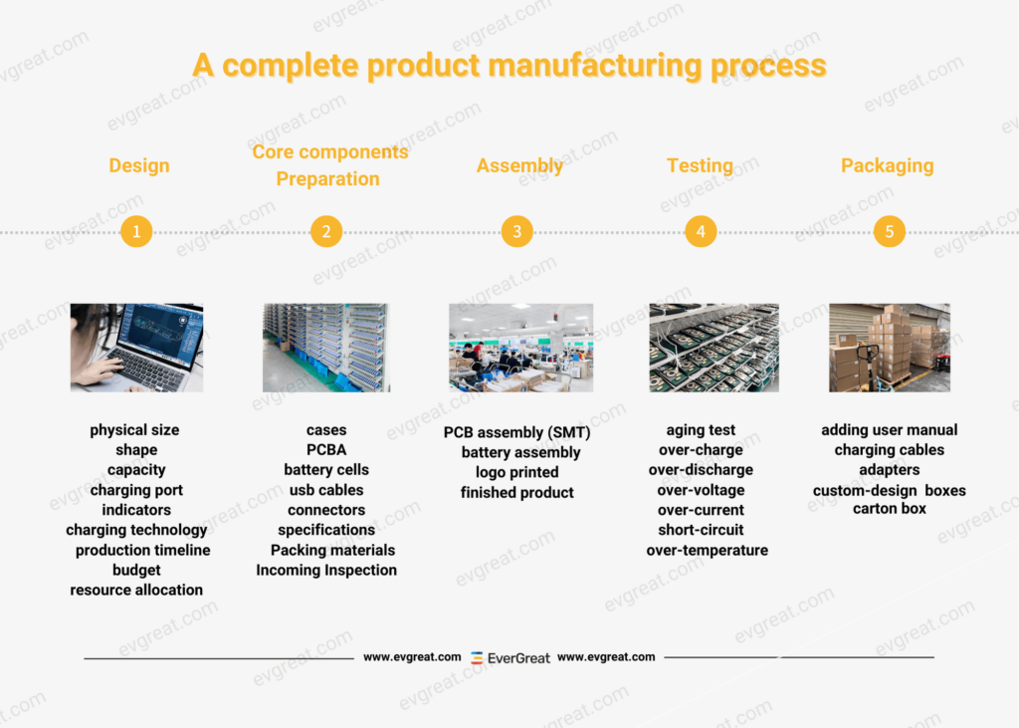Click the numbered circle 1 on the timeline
coord(136,231)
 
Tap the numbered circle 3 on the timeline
coord(516,231)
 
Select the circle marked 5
coord(889,231)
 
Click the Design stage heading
coord(139,166)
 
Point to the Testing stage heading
coord(700,166)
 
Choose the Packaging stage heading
coord(887,166)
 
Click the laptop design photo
coord(136,348)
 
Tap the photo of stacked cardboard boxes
coord(890,348)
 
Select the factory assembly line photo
coord(520,348)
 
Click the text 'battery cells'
coord(326,470)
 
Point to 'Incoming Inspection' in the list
coord(326,570)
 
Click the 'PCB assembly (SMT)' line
coord(516,432)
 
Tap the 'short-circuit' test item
coord(701,530)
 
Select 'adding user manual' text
coord(889,430)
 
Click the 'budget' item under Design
coord(136,570)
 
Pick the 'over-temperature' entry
coord(708,551)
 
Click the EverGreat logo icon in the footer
coord(477,657)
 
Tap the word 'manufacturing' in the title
coord(595,66)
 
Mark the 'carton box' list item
coord(889,509)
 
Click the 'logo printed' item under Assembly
coord(516,472)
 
